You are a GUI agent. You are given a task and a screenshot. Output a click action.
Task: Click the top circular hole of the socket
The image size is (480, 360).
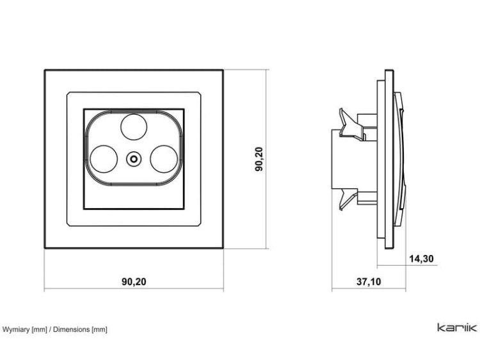coord(134,127)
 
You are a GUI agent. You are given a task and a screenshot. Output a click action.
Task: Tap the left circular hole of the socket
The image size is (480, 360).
coord(104,159)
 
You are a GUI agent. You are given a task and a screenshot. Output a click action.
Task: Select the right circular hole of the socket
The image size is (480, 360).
coord(164,159)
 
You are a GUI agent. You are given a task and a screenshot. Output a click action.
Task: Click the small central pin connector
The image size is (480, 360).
coord(134,159)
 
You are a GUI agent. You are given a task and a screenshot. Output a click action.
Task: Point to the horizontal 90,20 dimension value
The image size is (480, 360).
coord(134,282)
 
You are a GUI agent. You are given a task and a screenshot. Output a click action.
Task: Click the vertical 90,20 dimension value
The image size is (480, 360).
coord(259,160)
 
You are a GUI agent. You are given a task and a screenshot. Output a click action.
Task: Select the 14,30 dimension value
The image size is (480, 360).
coord(422,259)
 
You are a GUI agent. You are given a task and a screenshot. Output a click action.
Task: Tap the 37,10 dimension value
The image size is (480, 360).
coord(369,282)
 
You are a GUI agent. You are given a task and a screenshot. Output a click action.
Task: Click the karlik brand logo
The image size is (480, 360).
coord(457,327)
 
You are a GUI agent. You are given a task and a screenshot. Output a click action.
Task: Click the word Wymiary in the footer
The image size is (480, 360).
coord(16,330)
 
